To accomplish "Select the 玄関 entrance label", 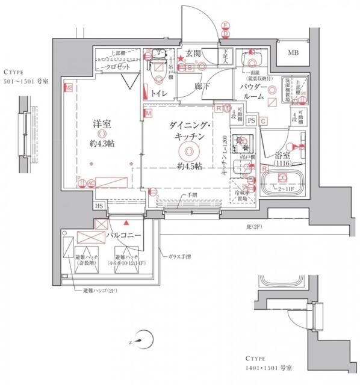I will pos(193,54).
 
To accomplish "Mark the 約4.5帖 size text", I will pos(188,166).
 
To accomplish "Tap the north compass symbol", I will pos(138,340).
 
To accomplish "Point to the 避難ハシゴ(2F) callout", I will pos(99,291).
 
